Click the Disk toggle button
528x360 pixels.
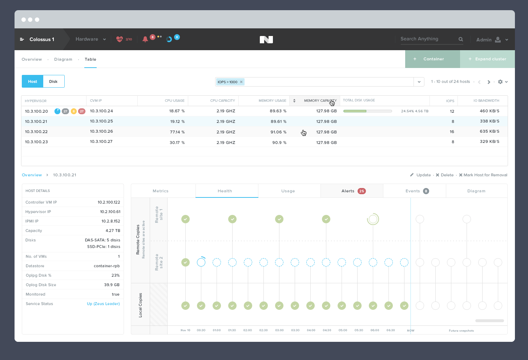(53, 81)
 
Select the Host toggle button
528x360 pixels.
(32, 81)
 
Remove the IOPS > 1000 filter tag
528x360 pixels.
(241, 82)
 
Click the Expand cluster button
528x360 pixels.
(487, 59)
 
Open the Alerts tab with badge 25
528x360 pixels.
(352, 191)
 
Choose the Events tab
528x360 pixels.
(414, 191)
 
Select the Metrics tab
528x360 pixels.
(161, 191)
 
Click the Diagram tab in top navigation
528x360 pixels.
(63, 59)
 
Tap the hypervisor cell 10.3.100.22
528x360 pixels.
(36, 132)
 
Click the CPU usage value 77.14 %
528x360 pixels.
(177, 132)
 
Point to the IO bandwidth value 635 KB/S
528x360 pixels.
(489, 132)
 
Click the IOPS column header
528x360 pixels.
(450, 101)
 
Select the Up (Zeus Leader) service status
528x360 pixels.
(103, 304)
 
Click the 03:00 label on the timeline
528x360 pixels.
(279, 330)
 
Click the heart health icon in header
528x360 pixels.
(120, 39)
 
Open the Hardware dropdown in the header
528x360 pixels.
(90, 39)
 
